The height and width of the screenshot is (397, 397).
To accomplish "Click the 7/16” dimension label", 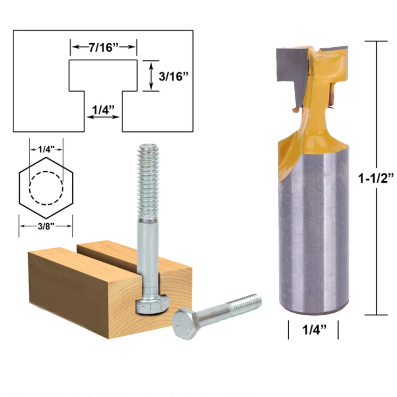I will [x=104, y=47].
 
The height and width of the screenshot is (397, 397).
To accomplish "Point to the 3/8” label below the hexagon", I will [x=46, y=226].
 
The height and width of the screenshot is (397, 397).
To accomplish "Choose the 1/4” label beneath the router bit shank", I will [x=313, y=330].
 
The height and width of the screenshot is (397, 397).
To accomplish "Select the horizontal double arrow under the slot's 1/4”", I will [x=103, y=117].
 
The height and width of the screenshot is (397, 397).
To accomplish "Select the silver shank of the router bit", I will [x=313, y=230].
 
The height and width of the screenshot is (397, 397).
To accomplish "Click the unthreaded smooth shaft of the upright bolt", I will [x=148, y=254].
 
